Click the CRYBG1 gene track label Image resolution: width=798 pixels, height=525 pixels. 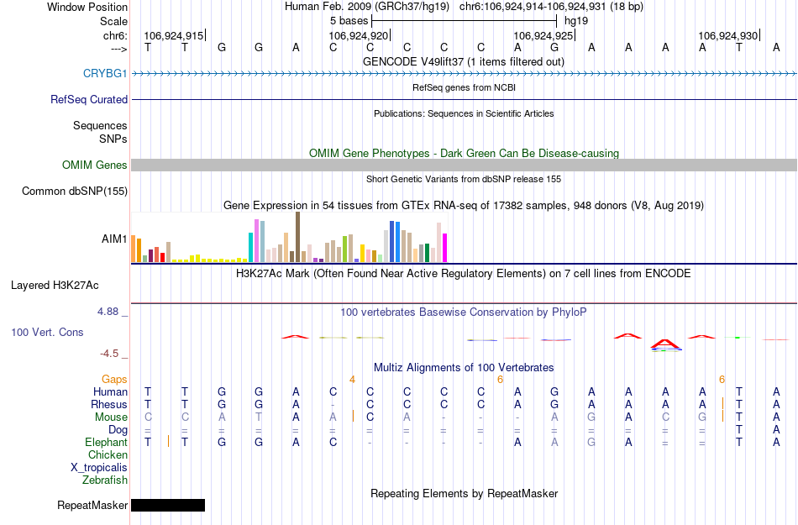tap(105, 73)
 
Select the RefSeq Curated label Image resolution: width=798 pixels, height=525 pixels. tap(89, 99)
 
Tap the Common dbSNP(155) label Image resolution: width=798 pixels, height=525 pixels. tap(75, 192)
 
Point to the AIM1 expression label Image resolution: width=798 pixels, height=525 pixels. tap(115, 239)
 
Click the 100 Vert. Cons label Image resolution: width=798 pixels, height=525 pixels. tap(47, 333)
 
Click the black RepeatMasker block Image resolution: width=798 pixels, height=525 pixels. tap(168, 505)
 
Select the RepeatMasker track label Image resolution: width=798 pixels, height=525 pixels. tap(92, 506)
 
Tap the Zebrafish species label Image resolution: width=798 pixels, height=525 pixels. tap(105, 480)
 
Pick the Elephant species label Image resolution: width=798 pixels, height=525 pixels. tap(106, 443)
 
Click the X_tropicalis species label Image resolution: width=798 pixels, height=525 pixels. tap(99, 468)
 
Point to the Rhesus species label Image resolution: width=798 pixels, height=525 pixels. tap(109, 405)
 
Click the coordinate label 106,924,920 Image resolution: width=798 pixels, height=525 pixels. tap(359, 36)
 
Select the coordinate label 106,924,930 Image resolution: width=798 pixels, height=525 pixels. tap(728, 36)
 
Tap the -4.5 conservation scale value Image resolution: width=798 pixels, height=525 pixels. tap(113, 354)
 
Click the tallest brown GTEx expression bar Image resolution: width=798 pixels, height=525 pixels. tap(297, 237)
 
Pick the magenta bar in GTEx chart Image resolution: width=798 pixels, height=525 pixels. tap(444, 247)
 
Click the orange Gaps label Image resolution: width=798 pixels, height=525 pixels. tap(114, 380)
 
